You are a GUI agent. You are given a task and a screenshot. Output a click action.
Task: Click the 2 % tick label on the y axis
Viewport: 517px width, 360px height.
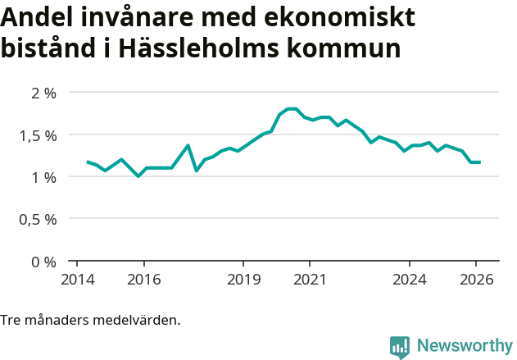coord(43,93)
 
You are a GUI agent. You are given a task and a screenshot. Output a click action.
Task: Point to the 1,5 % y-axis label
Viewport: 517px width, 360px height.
coord(38,135)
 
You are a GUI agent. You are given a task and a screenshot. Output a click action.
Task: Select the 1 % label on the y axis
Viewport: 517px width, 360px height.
coord(43,177)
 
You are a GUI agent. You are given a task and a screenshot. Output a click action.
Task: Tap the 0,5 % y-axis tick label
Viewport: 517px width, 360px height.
coord(38,220)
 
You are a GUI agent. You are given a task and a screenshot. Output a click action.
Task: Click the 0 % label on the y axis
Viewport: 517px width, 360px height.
coord(43,262)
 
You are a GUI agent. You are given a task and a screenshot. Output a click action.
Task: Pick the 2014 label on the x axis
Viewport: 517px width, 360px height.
coord(77,279)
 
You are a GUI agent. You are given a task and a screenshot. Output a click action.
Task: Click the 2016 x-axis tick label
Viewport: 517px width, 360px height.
coord(143,279)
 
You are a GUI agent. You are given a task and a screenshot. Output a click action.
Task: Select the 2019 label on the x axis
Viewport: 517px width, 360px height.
coord(243,279)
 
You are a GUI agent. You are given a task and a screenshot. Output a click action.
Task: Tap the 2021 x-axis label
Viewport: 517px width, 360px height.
coord(310,279)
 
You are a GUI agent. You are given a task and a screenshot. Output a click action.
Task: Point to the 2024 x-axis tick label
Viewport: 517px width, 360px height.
coord(410,279)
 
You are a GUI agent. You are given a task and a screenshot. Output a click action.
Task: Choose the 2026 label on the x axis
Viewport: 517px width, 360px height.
coord(476,279)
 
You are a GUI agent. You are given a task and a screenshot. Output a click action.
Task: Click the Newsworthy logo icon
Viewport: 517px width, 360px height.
coord(400,347)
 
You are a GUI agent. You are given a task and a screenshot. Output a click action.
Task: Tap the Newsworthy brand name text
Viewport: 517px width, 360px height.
coord(464,346)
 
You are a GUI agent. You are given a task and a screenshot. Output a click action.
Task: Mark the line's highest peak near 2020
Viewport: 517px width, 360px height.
coord(292,108)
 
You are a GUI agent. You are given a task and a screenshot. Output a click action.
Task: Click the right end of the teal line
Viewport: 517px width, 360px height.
coord(479,162)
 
